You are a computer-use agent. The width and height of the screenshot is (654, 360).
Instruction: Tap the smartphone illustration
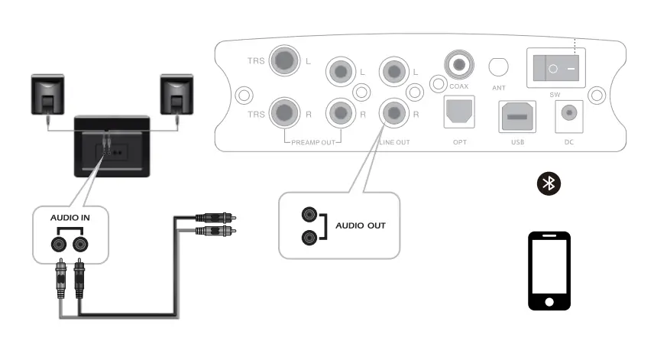click(550, 271)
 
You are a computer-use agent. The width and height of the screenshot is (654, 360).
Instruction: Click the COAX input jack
click(458, 66)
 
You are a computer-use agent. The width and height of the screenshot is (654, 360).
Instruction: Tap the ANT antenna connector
click(498, 67)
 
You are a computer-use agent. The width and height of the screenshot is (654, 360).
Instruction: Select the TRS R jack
click(287, 113)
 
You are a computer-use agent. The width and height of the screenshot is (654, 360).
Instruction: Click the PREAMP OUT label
click(312, 142)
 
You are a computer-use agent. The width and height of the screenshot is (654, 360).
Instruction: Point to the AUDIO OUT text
click(361, 226)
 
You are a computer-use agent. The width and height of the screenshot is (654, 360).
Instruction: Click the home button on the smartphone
click(550, 301)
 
